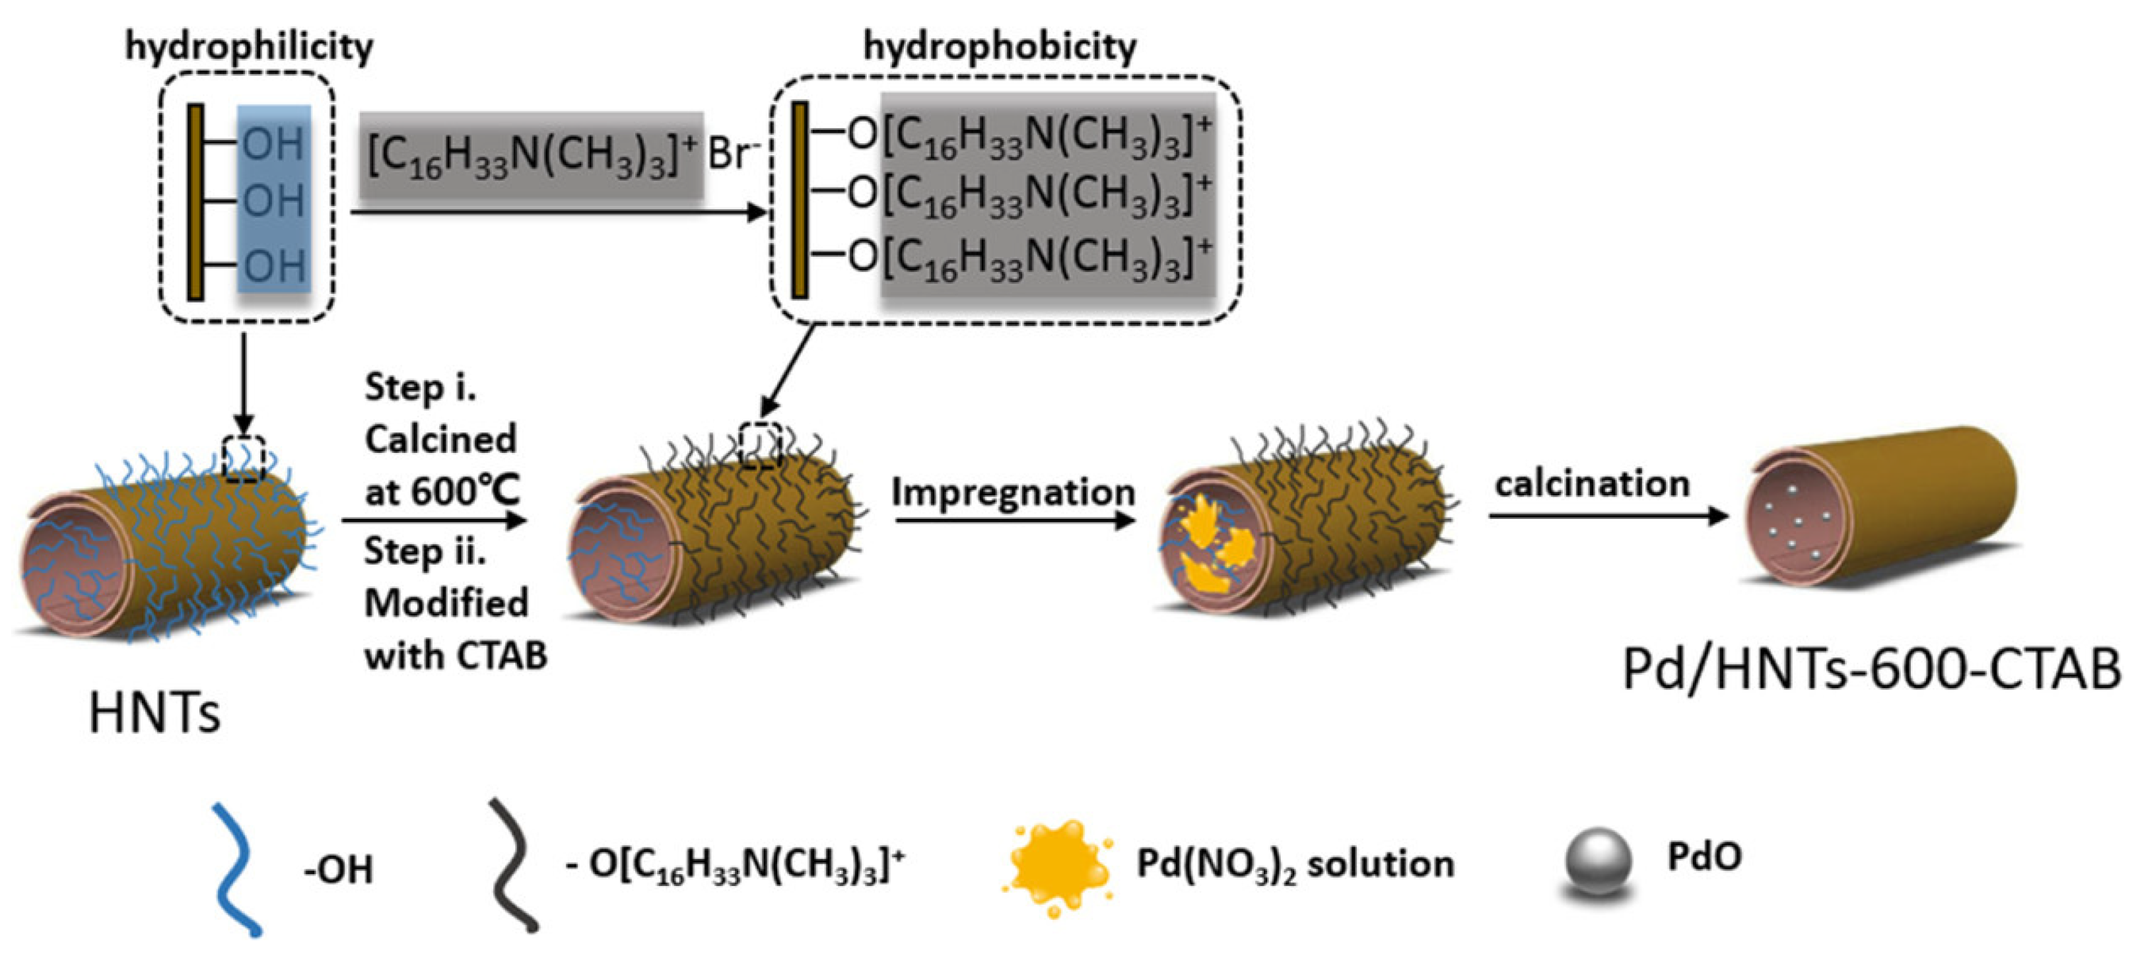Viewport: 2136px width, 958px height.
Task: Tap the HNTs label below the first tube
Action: point(155,712)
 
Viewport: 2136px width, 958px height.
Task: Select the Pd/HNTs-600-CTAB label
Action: point(1871,669)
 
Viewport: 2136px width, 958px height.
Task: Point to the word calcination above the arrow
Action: point(1592,483)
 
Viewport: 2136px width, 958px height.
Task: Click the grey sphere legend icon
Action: point(1598,862)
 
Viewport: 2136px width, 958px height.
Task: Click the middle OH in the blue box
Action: point(273,201)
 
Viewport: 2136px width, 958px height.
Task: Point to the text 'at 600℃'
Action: point(442,492)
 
